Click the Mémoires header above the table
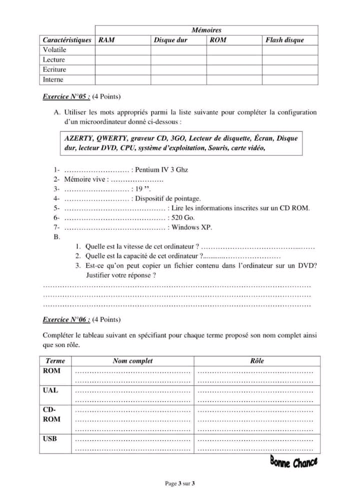pyautogui.click(x=206, y=30)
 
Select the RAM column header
pyautogui.click(x=106, y=40)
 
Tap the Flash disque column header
pyautogui.click(x=284, y=40)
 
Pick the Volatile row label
pyautogui.click(x=54, y=50)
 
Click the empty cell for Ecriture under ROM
pyautogui.click(x=234, y=70)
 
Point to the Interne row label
pyautogui.click(x=53, y=79)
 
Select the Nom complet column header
pyautogui.click(x=132, y=361)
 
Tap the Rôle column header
pyautogui.click(x=257, y=361)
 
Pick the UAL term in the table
pyautogui.click(x=50, y=390)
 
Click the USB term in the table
pyautogui.click(x=50, y=439)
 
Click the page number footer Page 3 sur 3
pyautogui.click(x=180, y=484)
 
